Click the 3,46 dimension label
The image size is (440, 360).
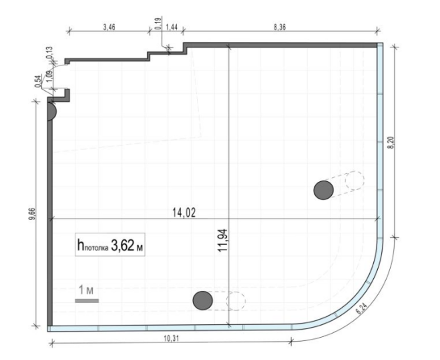(x=109, y=27)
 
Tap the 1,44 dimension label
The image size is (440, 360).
(x=172, y=27)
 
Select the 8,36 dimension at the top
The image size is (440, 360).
(x=279, y=27)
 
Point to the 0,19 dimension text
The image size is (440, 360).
(x=158, y=24)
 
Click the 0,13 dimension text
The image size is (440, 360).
(x=50, y=52)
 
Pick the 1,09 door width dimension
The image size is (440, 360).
(x=50, y=76)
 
